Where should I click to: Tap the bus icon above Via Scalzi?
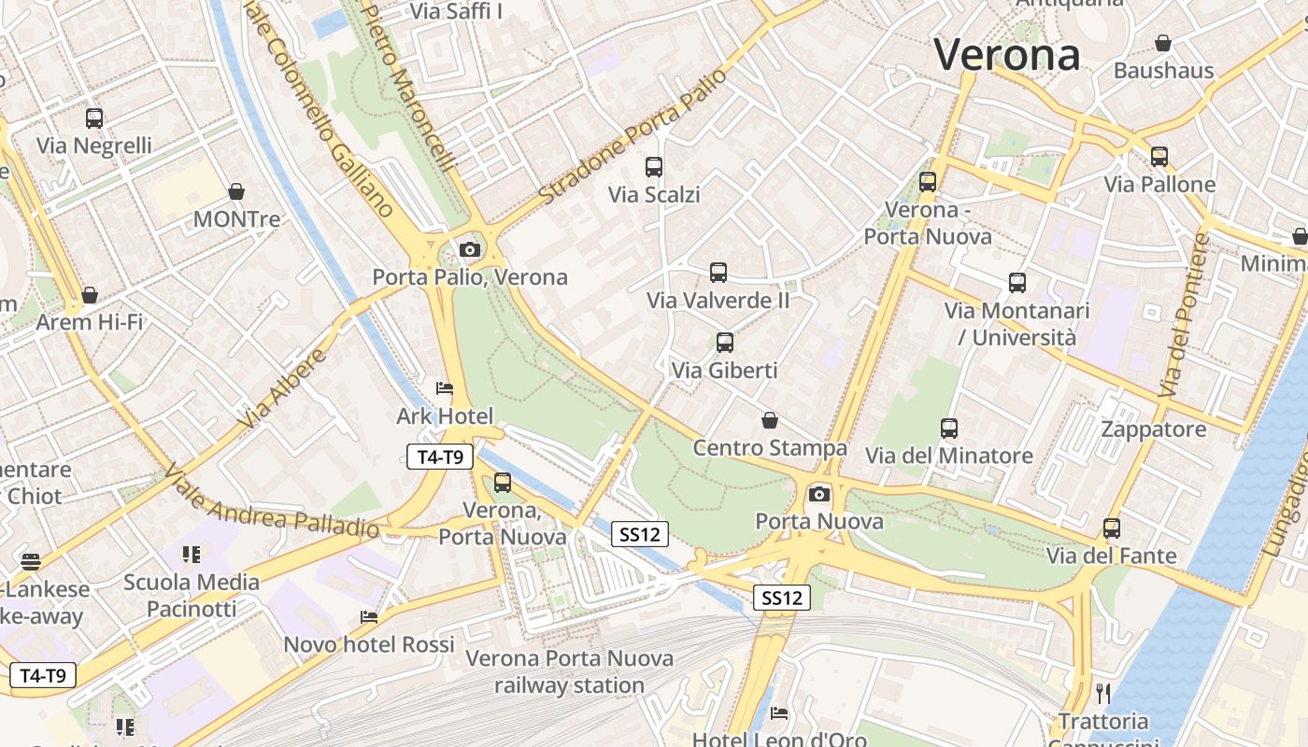point(654,167)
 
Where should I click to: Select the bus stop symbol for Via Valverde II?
point(718,273)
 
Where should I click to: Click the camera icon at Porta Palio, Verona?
point(470,249)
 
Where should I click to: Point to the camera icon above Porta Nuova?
point(819,494)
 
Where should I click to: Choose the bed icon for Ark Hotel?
point(445,388)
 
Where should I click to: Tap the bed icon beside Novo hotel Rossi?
point(369,617)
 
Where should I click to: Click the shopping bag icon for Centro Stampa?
point(770,420)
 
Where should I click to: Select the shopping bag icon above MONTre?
point(236,191)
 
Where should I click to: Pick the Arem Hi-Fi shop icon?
point(90,295)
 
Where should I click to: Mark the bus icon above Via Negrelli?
point(94,119)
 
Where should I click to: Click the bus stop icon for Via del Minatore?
point(949,429)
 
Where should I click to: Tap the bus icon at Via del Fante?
point(1111,529)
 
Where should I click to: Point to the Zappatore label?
point(1154,430)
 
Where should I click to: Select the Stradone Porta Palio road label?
point(633,137)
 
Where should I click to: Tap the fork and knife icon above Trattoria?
point(1103,693)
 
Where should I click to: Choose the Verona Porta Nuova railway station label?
point(570,671)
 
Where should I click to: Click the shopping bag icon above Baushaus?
point(1163,43)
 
